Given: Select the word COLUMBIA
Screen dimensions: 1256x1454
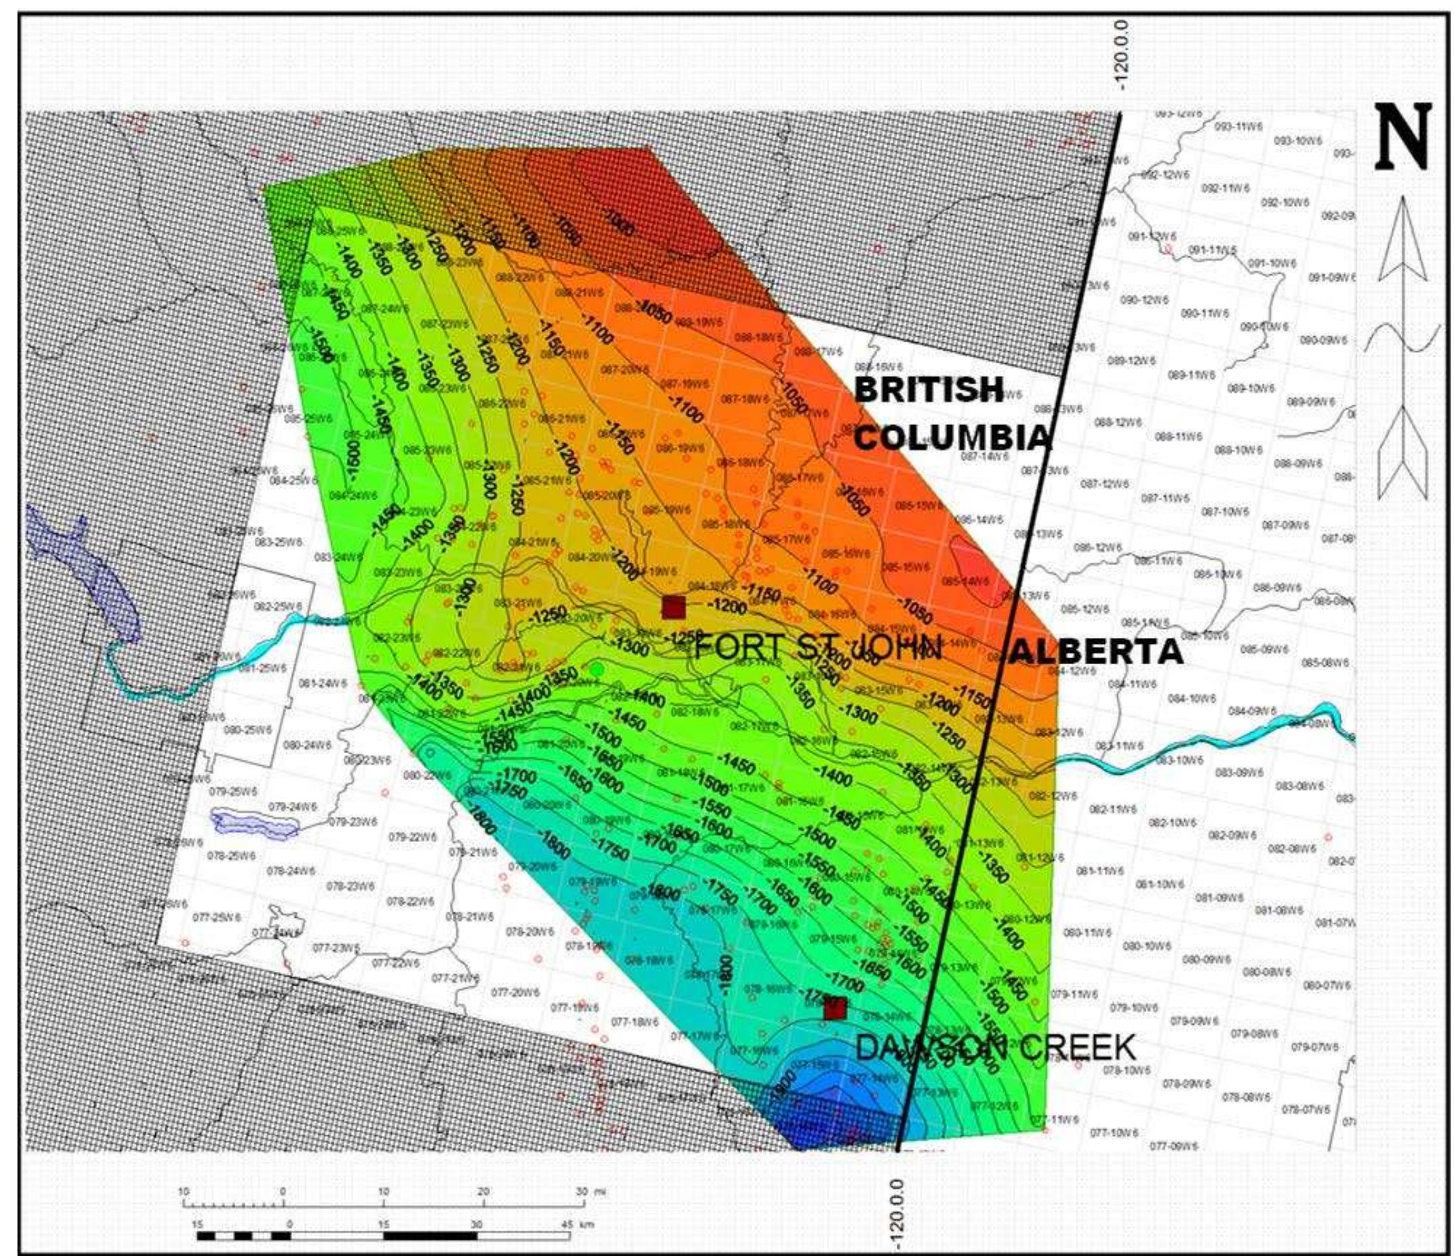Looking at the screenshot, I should [x=953, y=439].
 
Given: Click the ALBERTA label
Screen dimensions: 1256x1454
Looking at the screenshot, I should [x=1095, y=652].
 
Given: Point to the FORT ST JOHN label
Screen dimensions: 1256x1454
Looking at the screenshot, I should [x=817, y=647].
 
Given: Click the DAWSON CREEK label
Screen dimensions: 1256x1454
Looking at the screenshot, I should [x=995, y=1049].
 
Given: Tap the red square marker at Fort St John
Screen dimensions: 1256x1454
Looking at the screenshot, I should [x=674, y=607].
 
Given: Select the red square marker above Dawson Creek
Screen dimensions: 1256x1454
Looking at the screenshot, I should [x=834, y=1009].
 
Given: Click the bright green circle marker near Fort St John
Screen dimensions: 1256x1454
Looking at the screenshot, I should [x=597, y=670].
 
